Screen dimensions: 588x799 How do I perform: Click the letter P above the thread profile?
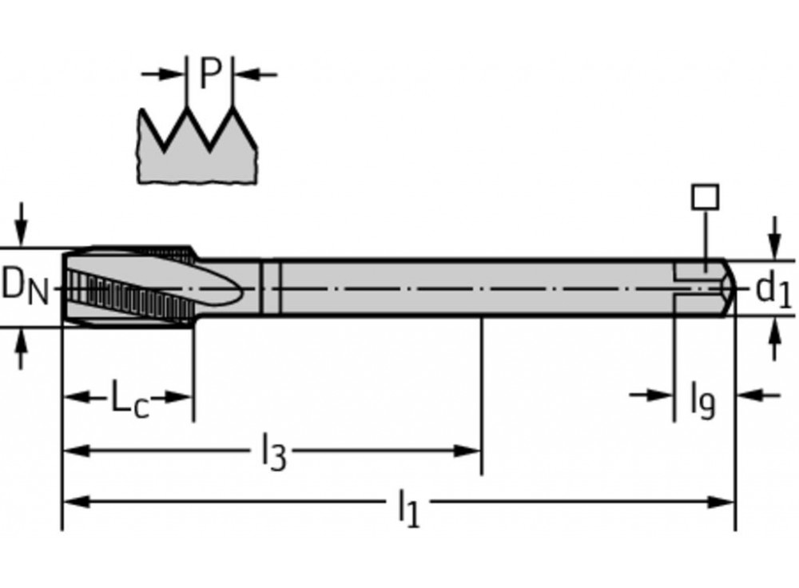209,73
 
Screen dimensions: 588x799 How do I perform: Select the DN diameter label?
24,286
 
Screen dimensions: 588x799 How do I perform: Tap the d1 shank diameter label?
773,290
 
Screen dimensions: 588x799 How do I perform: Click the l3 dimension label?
273,452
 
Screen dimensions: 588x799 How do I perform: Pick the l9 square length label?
702,399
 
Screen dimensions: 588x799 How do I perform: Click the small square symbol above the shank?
706,197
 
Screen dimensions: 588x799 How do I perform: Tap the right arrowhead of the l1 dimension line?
723,502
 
